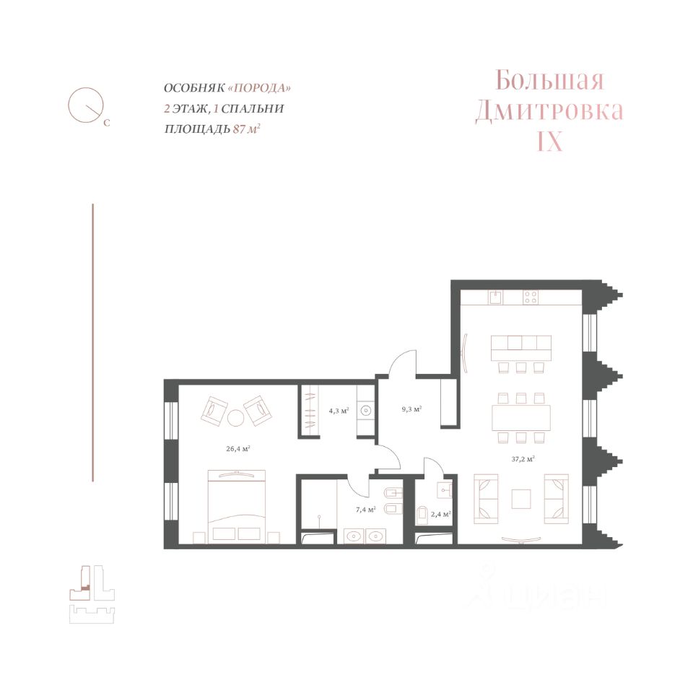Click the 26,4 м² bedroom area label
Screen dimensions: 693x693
(x=238, y=449)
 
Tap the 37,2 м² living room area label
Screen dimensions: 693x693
(x=523, y=459)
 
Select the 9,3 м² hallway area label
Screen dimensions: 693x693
(x=411, y=409)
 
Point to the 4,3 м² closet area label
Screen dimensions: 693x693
(x=339, y=411)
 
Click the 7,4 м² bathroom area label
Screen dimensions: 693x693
(x=365, y=510)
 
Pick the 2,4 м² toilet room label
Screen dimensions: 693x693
(x=440, y=515)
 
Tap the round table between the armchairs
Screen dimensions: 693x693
(x=235, y=418)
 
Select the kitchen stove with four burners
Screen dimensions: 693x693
(x=531, y=297)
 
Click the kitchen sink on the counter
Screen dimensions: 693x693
(x=495, y=297)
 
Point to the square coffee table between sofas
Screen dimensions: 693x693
(x=521, y=499)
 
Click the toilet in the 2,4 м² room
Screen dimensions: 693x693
(x=422, y=515)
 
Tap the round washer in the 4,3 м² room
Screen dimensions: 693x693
(x=365, y=411)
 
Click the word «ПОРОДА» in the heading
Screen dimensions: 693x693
(x=259, y=87)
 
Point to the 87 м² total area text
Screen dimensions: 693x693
(x=246, y=129)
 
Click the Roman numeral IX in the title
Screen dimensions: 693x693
(x=549, y=142)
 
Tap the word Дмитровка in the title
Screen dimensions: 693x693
(x=549, y=111)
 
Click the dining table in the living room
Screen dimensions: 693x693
(x=521, y=418)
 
